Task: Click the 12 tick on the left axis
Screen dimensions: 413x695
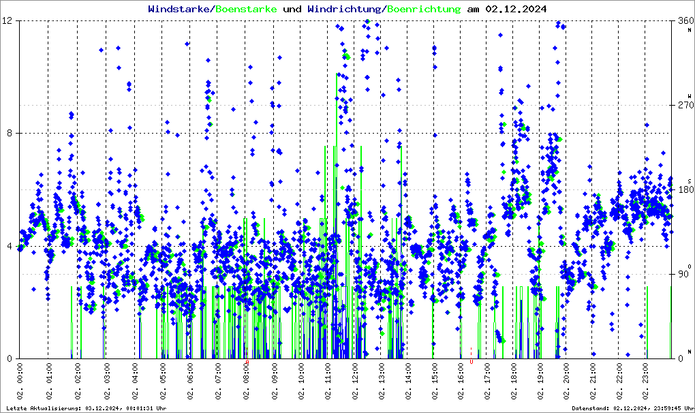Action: pos(8,21)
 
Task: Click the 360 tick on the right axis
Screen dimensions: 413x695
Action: pos(682,21)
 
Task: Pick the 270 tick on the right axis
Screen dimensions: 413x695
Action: pos(682,106)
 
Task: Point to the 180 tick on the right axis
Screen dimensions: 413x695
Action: pos(682,190)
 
